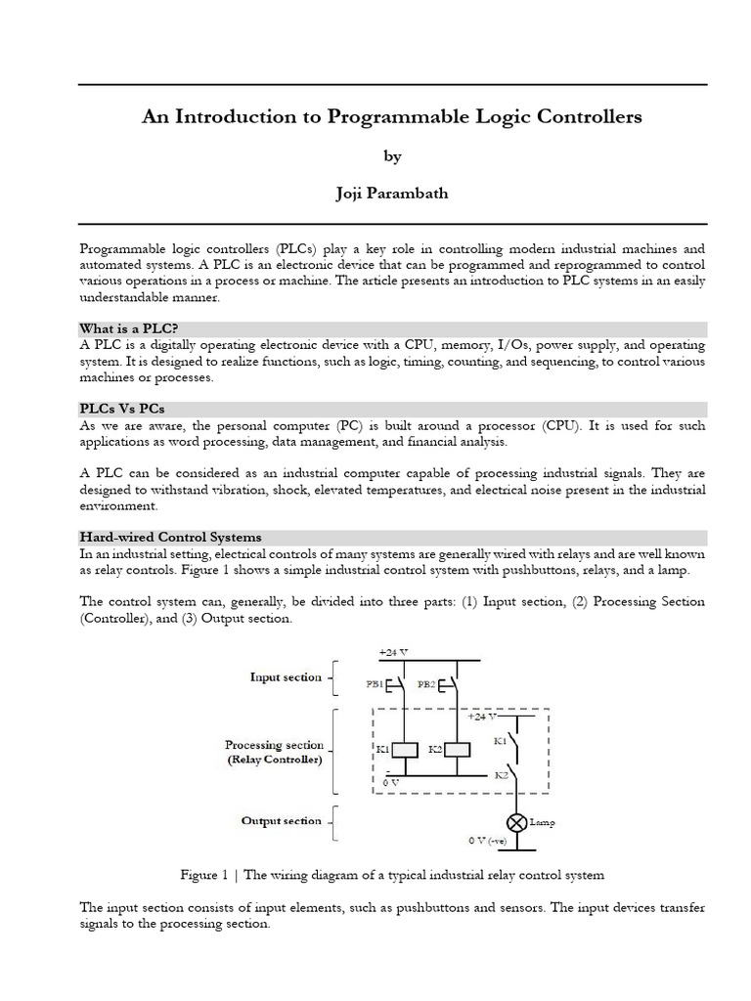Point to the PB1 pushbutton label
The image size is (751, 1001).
coord(375,685)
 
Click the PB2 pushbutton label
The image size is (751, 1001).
coord(428,685)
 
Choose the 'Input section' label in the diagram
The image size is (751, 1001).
coord(286,676)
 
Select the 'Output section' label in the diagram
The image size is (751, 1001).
coord(281,821)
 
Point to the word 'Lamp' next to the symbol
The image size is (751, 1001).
coord(542,823)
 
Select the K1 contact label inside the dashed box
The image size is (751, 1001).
coord(500,741)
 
